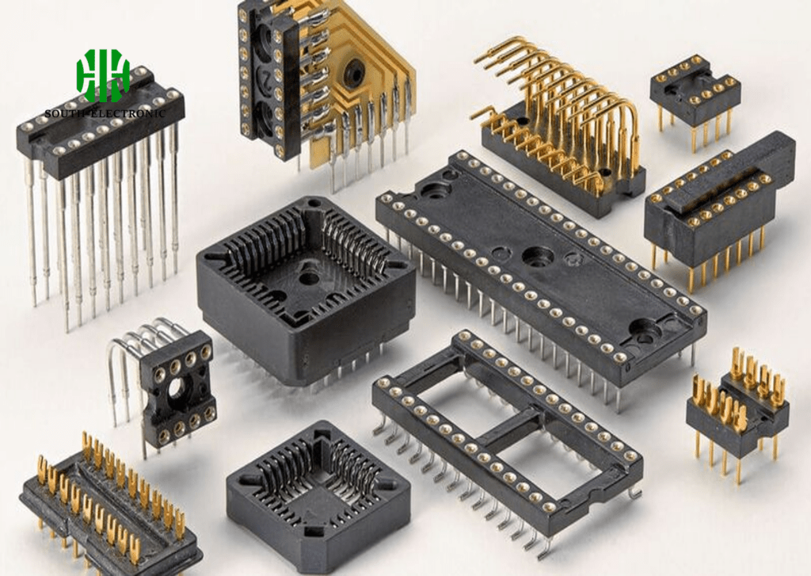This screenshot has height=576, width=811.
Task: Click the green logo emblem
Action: point(103,75)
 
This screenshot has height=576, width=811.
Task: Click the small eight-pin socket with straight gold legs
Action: point(695,100)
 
